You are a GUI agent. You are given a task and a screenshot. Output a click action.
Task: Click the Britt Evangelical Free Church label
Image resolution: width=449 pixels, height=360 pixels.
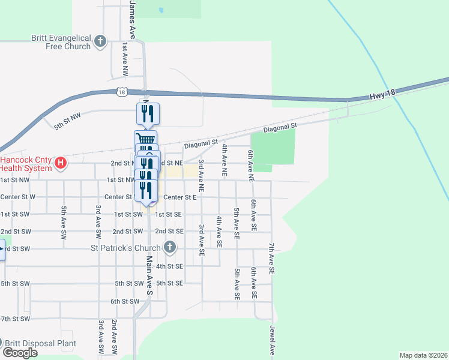(61, 42)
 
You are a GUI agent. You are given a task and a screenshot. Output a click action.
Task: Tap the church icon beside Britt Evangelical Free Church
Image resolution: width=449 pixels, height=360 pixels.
(100, 42)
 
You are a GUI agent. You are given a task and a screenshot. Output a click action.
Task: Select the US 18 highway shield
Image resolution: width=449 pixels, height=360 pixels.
(122, 92)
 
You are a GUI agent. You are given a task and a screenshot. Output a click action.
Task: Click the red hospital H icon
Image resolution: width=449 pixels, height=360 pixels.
(60, 162)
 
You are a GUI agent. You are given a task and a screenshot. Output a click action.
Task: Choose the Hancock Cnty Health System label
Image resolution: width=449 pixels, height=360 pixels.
(26, 164)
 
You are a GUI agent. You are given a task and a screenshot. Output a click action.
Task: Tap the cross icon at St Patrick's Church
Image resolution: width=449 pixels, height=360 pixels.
(170, 247)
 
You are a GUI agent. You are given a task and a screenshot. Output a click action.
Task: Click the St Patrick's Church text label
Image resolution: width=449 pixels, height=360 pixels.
(125, 248)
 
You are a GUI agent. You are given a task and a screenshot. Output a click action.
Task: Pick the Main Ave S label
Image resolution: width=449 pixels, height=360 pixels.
(150, 275)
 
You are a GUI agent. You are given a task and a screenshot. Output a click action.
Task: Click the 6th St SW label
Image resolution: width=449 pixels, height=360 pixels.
(125, 301)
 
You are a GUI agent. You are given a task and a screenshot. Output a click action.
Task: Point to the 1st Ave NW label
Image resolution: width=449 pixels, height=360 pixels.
(124, 59)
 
